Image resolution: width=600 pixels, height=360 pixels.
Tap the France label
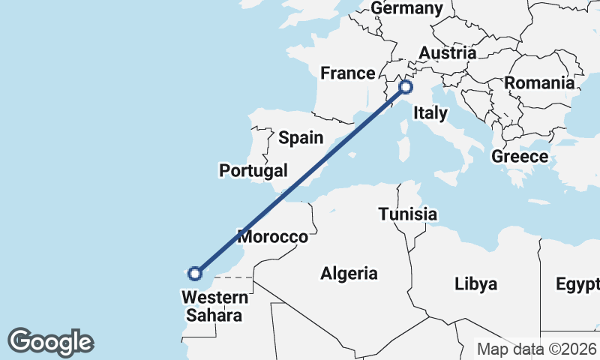point(347,73)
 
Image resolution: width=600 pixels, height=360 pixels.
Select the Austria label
point(448,53)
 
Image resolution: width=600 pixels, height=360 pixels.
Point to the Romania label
point(539,82)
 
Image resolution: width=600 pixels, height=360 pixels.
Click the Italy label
point(431,113)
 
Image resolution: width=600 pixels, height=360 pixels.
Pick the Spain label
point(301,138)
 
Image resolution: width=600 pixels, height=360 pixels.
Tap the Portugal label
point(253,170)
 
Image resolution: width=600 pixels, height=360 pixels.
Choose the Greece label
point(520,157)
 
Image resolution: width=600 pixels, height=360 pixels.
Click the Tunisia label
point(407,214)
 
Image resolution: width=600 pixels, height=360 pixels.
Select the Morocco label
point(273,237)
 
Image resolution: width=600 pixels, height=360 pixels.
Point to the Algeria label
point(349,274)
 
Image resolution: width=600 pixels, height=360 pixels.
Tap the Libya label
point(476,284)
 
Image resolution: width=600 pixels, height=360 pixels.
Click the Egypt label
point(578,284)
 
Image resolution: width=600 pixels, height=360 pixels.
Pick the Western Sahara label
point(214,305)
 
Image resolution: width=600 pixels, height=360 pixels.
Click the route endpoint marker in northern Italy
point(406,87)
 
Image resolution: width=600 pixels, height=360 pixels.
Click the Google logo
point(50,342)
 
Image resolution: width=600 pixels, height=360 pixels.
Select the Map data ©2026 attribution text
point(537,349)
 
